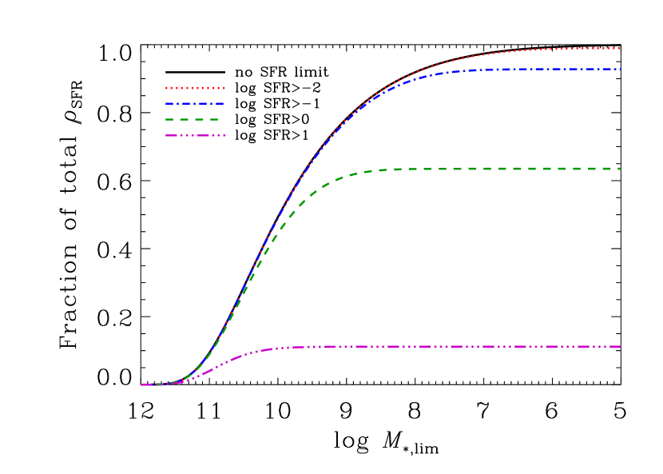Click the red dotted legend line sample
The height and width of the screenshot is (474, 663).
coord(195,88)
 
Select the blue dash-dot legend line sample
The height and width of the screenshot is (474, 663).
coord(195,104)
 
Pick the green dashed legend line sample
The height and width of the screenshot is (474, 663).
coord(192,119)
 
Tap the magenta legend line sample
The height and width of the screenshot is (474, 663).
coord(195,135)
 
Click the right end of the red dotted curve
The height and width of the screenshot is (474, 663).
coord(620,49)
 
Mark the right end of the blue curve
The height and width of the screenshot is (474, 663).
coord(620,70)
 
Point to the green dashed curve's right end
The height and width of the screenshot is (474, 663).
coord(620,169)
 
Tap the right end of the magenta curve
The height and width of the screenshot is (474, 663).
coord(620,347)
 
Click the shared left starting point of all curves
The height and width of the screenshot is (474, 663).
coord(142,385)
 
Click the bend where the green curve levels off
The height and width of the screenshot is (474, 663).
coord(343,176)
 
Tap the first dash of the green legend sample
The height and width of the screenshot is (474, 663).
coord(170,119)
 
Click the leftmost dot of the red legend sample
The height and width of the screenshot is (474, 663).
coord(167,88)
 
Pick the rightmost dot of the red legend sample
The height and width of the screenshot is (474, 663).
coord(224,88)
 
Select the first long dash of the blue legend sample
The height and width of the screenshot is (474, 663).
coord(171,104)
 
